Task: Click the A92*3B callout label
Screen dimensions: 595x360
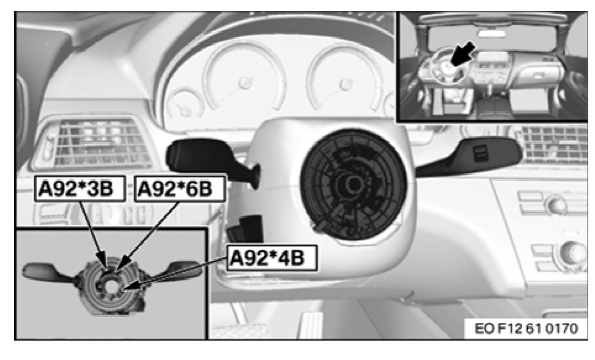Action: pyautogui.click(x=75, y=189)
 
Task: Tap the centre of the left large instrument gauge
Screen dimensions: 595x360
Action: pyautogui.click(x=243, y=83)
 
